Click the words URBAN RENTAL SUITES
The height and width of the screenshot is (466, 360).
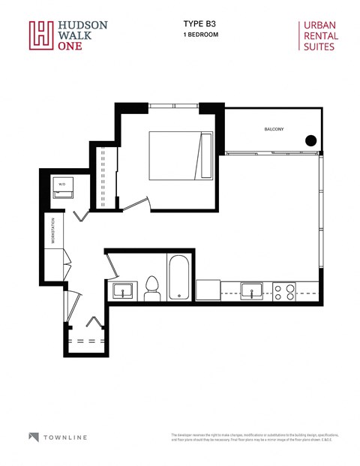320,35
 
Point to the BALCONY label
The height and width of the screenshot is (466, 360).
274,130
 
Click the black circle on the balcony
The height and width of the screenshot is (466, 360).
310,140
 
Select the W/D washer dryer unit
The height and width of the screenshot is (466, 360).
62,188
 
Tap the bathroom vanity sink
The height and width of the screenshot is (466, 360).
123,291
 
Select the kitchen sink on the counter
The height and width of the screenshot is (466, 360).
251,290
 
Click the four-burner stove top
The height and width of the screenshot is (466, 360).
283,291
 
